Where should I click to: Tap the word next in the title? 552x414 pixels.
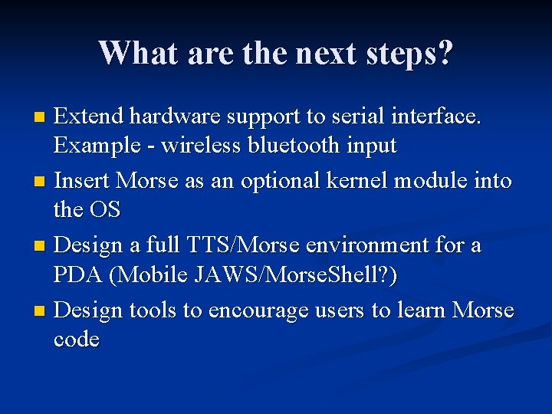[321, 53]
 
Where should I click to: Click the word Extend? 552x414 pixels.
[89, 117]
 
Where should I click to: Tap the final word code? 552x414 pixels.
[77, 339]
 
